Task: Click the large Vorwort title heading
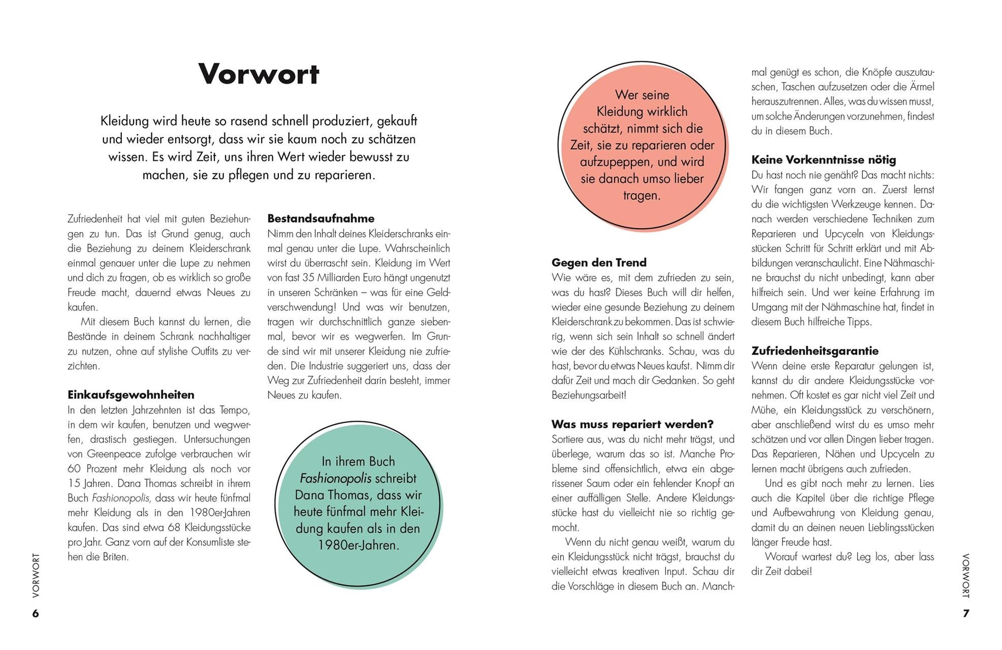point(259,74)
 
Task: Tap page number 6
point(36,613)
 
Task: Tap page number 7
point(966,613)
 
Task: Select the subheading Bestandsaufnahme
point(321,219)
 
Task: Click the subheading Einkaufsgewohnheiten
point(131,395)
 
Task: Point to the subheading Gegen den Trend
point(599,263)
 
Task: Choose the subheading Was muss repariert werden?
point(632,424)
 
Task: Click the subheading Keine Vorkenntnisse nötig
point(823,160)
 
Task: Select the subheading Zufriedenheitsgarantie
point(815,351)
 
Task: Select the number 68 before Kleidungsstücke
point(174,527)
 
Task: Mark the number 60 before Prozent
point(75,469)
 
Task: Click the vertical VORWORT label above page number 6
point(36,575)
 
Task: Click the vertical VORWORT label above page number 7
point(966,575)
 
